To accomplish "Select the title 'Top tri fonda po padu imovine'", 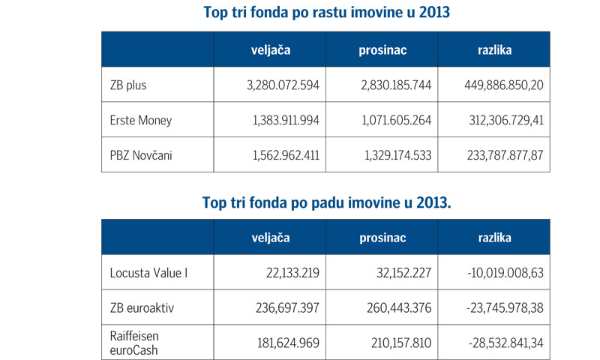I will tap(326, 202).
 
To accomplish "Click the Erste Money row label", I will tap(140, 120).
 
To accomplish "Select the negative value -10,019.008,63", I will tap(497, 272).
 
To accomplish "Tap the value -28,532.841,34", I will tap(497, 341).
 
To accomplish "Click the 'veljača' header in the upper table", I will tap(269, 50).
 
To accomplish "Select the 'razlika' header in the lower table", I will tap(494, 238).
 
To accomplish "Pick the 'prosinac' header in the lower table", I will tap(382, 238).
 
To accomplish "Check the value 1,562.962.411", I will tap(283, 154).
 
